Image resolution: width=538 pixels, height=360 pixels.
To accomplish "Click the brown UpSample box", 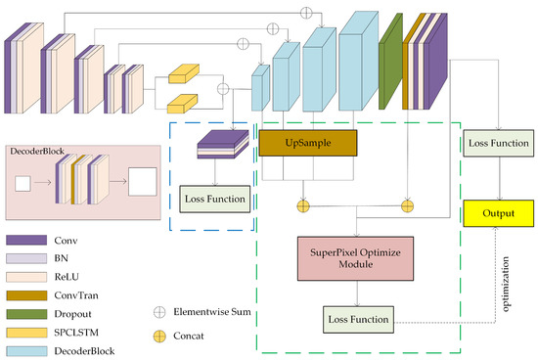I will (308, 143).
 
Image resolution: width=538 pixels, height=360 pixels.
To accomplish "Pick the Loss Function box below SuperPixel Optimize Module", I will (357, 318).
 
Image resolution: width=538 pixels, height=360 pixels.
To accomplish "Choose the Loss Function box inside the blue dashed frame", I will (215, 200).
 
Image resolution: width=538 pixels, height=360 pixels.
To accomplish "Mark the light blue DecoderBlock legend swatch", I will (25, 350).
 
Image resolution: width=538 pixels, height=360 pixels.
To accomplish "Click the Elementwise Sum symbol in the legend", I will (159, 311).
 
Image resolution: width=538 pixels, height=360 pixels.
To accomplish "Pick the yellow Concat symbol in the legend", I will (159, 336).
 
